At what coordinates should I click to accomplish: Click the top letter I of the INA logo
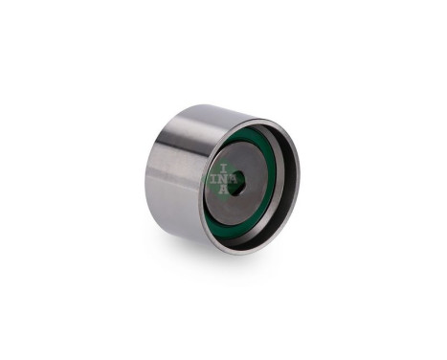224,169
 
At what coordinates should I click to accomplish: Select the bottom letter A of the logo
224,190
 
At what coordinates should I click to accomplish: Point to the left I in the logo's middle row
214,180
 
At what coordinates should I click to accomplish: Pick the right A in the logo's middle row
234,180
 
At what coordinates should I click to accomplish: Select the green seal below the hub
242,227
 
